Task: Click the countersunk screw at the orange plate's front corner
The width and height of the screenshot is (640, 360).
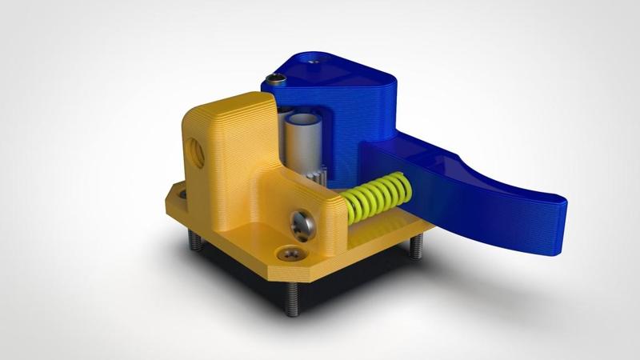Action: (291, 254)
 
